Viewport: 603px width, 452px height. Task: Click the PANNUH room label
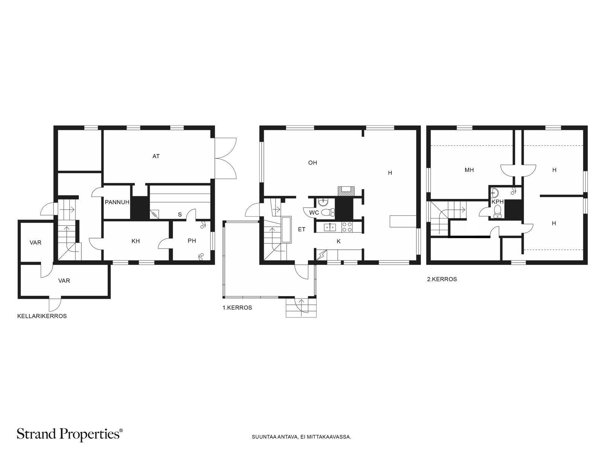(117, 202)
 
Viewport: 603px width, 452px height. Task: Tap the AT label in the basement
(156, 156)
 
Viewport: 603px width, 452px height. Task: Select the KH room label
(136, 241)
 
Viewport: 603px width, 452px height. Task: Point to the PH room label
(192, 241)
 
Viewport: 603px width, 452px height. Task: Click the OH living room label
(313, 163)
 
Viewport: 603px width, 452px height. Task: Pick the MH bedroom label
(469, 170)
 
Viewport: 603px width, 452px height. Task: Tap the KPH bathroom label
(497, 202)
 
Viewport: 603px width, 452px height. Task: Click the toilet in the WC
(328, 212)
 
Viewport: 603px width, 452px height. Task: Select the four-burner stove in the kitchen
(347, 227)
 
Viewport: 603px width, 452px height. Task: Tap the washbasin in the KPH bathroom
(494, 192)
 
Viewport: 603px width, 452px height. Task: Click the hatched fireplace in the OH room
(346, 191)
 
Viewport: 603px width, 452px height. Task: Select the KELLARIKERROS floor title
(42, 316)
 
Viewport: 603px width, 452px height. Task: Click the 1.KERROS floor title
(237, 308)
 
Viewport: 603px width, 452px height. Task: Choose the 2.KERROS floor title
(442, 279)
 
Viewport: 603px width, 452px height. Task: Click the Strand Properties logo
(70, 434)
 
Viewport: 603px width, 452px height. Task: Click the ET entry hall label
(301, 229)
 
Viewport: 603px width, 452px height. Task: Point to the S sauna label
(180, 215)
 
